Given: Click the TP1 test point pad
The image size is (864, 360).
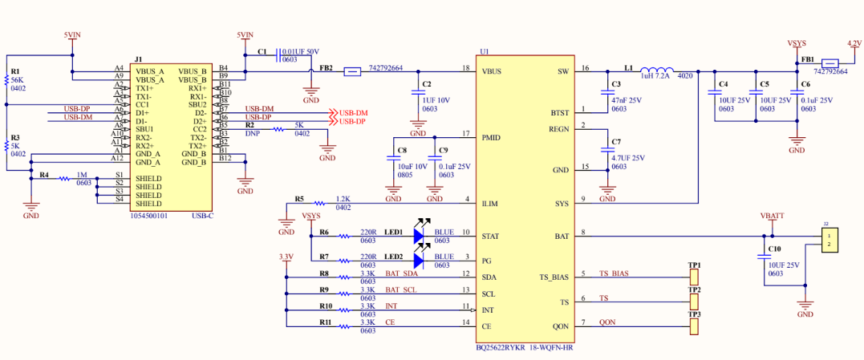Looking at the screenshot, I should pos(694,277).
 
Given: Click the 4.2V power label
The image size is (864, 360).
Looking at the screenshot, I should pos(854,44).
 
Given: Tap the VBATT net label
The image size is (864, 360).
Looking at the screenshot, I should pos(772,216).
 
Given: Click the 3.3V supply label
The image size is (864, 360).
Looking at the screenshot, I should pos(285,257).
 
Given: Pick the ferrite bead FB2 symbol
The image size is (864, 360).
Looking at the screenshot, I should pos(351,71).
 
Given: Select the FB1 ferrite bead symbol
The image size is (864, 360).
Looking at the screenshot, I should pos(832,63).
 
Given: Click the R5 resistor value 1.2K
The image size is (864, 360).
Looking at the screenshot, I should pos(343,199).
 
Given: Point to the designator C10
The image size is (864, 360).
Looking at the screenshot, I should pos(775,250).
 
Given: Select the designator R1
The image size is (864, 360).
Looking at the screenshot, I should pos(14,72).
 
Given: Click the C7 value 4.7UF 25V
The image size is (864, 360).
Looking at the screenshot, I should pos(628,158).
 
